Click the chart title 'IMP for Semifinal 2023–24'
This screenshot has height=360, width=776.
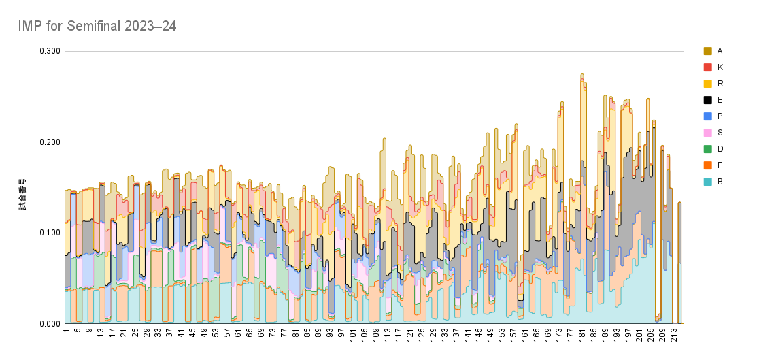tap(98, 26)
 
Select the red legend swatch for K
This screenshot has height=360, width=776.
tap(707, 67)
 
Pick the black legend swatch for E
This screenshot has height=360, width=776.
tap(707, 100)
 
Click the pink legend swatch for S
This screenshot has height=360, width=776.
tap(707, 133)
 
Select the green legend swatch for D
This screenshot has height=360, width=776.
tap(707, 149)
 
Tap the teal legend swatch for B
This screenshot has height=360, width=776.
tap(707, 182)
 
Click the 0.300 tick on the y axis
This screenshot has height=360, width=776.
tap(50, 52)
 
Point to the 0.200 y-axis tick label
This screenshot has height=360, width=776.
tap(50, 142)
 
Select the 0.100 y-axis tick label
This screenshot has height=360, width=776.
tap(50, 233)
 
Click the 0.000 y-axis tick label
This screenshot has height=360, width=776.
tap(50, 324)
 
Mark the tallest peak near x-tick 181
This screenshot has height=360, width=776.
tap(581, 75)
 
